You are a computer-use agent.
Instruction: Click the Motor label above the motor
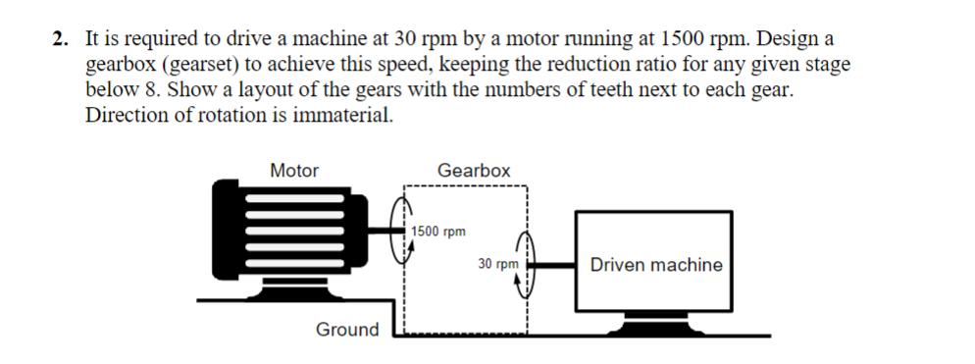click(x=294, y=171)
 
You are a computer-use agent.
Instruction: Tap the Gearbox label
click(x=474, y=171)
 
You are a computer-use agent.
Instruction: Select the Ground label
click(x=346, y=330)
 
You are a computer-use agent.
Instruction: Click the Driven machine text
click(x=656, y=265)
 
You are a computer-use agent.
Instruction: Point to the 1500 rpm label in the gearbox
click(x=438, y=232)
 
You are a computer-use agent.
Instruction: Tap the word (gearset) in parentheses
click(x=182, y=66)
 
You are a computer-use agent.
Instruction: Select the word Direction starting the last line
click(x=124, y=114)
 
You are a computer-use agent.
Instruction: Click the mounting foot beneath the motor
click(x=280, y=290)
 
